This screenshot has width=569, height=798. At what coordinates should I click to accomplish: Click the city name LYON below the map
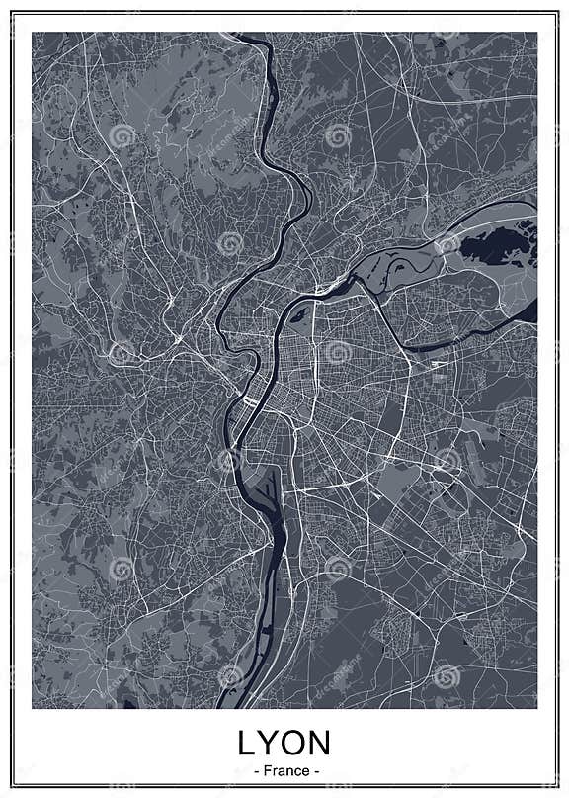click(284, 744)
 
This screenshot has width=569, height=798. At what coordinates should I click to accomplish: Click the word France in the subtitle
click(284, 770)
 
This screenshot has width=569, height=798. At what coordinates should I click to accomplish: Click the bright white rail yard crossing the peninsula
click(249, 403)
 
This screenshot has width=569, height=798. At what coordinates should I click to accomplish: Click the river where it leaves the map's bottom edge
click(229, 703)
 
